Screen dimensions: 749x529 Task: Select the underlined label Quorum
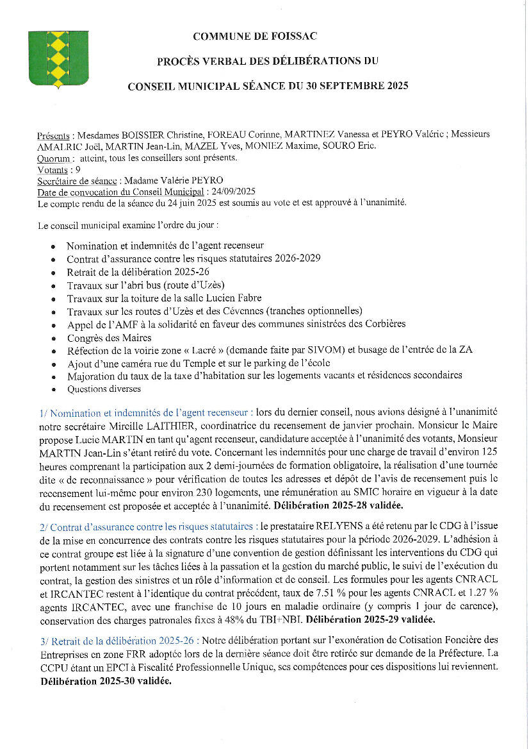coord(54,158)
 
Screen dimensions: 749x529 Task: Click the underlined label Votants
coord(53,169)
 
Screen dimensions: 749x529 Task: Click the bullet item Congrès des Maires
coord(109,337)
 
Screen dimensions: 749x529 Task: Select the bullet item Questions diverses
coord(104,389)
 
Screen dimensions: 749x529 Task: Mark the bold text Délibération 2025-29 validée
coord(371,619)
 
